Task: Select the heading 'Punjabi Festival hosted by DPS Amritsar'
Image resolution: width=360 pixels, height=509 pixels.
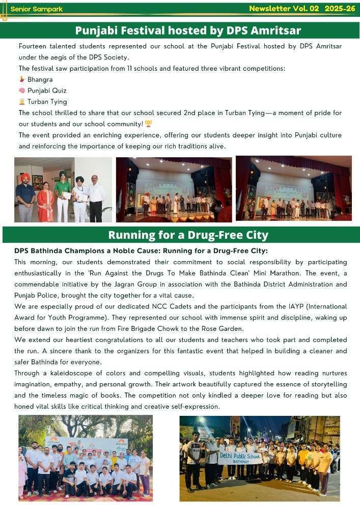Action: coord(188,31)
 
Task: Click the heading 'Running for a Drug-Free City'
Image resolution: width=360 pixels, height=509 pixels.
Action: coord(188,235)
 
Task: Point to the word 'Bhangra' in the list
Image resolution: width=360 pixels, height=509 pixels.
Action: coord(40,79)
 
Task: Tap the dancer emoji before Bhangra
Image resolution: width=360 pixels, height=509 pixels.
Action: coord(22,79)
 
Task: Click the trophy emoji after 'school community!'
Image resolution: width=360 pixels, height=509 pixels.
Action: coord(148,124)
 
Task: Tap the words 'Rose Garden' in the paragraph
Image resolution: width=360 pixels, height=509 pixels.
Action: coord(265,328)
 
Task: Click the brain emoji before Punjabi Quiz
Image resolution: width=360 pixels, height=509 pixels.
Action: coord(22,91)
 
